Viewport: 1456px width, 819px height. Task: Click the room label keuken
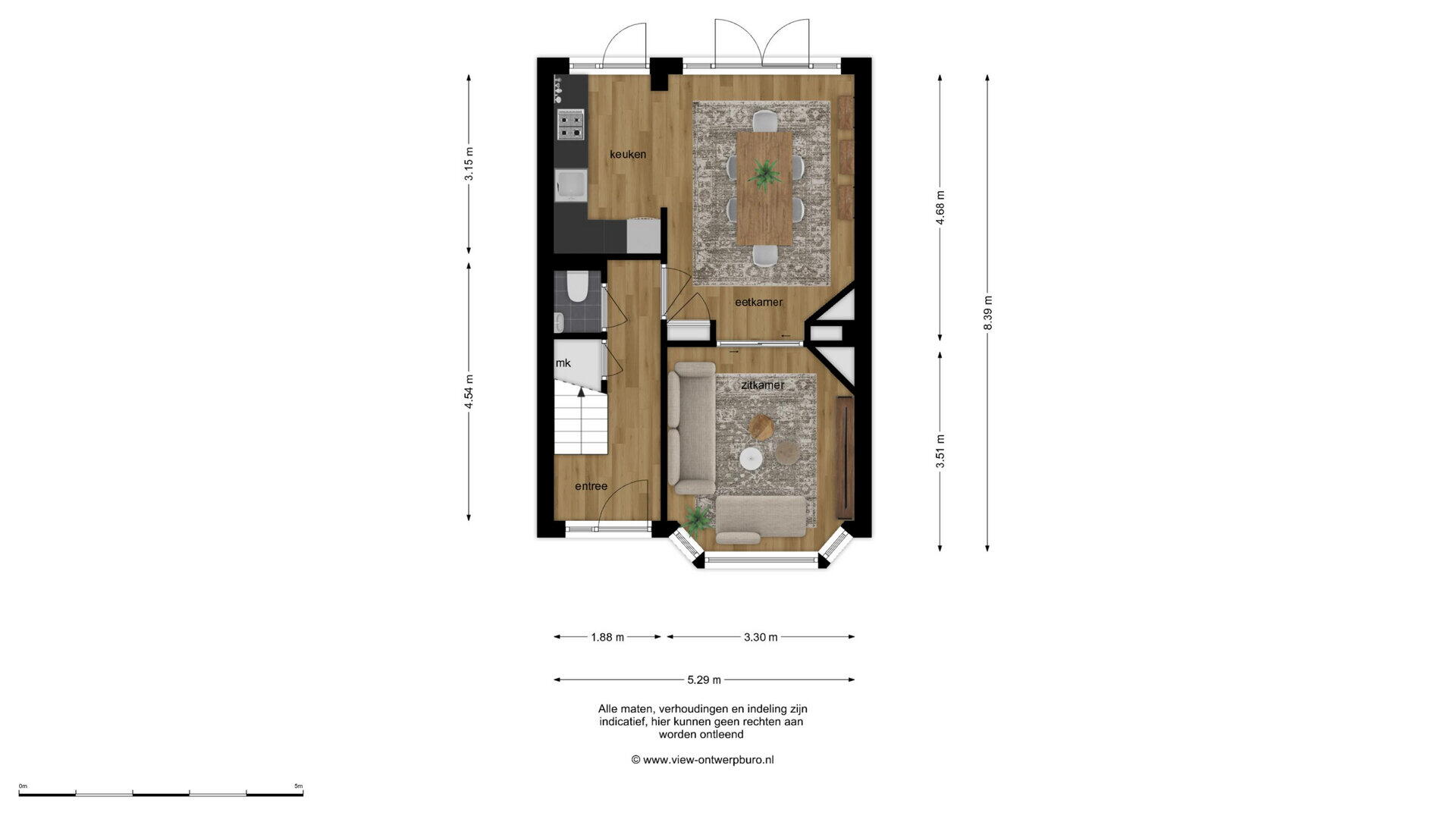(x=628, y=155)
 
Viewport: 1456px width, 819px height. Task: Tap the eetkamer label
(x=758, y=302)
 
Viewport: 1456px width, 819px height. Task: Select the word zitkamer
(x=763, y=385)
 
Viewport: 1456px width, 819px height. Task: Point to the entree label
(x=591, y=486)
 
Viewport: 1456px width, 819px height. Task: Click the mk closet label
(x=563, y=363)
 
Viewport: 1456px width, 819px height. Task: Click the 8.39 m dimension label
(x=987, y=312)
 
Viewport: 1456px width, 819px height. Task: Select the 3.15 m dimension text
(x=469, y=164)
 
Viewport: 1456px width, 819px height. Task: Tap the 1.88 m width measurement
(x=607, y=637)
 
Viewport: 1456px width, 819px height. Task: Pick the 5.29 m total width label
(x=704, y=679)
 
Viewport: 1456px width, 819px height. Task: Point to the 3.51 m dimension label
(x=940, y=450)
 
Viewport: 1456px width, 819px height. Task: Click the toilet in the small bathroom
(x=576, y=286)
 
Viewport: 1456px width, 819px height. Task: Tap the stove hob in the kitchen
(x=570, y=124)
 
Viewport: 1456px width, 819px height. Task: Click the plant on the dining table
(x=764, y=174)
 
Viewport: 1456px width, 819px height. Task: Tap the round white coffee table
(x=751, y=458)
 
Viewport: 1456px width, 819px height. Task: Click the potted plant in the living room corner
(x=697, y=519)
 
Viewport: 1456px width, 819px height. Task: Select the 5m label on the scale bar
(x=299, y=786)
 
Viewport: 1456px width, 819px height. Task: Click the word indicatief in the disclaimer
(x=623, y=722)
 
